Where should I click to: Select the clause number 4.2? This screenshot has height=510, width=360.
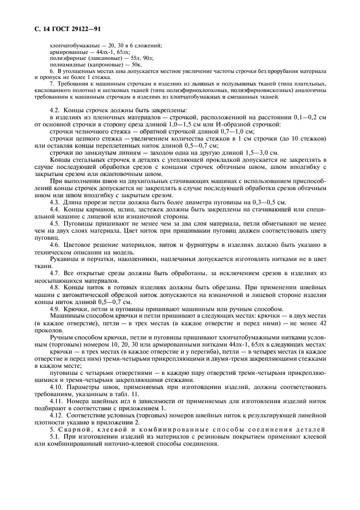coord(56,110)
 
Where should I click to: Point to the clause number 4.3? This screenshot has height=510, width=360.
coord(56,202)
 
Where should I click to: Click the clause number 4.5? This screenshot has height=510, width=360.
coord(56,223)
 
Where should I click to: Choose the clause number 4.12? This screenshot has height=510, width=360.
coord(57,415)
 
